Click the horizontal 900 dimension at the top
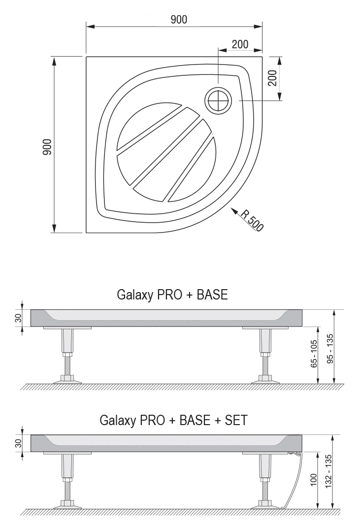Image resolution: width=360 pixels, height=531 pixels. point(178,20)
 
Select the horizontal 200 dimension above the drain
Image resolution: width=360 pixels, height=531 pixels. point(240,44)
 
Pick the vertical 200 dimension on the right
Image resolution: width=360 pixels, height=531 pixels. point(273,78)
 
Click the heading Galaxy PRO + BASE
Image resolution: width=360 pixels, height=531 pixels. point(172,295)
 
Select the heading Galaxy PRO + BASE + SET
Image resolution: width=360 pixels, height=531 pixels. point(173,420)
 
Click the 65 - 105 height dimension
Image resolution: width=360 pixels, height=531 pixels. point(314,354)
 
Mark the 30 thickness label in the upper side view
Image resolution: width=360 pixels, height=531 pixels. point(18,318)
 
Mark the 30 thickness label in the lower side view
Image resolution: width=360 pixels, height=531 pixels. point(18,443)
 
